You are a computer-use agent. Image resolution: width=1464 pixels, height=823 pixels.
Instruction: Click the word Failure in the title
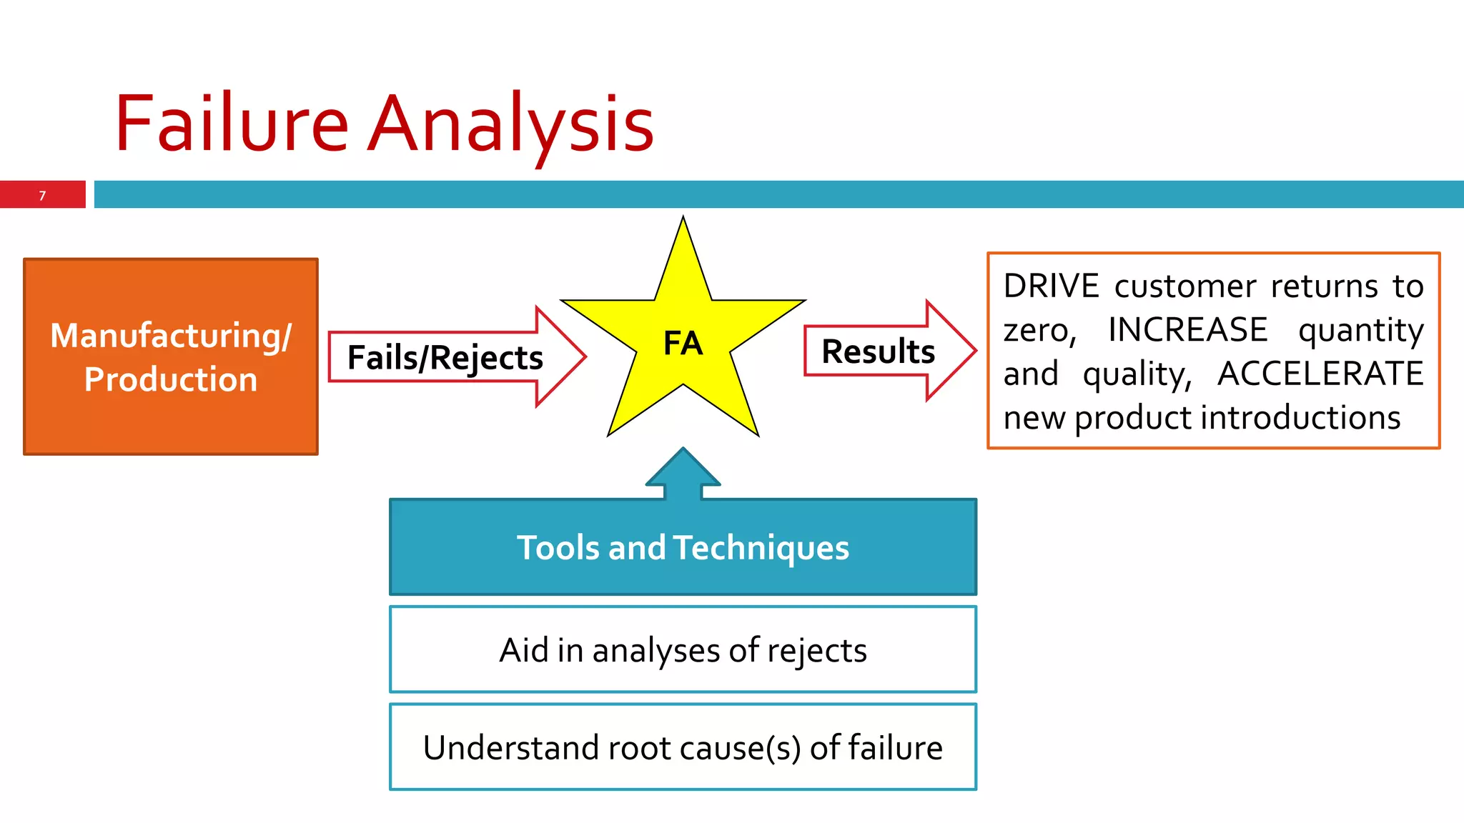231,124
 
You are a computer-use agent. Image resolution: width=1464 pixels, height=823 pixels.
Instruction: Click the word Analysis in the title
510,126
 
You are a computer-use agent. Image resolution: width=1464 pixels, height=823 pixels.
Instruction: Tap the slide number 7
42,196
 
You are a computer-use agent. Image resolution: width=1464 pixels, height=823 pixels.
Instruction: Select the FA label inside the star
683,344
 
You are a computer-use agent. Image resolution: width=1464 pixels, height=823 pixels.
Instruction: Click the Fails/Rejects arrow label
445,358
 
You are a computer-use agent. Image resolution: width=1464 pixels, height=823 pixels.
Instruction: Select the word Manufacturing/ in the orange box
171,336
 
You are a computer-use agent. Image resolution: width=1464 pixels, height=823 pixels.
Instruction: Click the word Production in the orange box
171,379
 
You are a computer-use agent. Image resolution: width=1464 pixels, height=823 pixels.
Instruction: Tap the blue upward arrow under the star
683,475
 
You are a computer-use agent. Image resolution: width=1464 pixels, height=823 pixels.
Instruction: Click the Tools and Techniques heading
683,548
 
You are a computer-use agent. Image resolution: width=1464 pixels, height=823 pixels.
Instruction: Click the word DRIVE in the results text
1051,286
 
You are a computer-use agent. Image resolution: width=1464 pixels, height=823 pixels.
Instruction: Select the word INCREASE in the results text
1187,330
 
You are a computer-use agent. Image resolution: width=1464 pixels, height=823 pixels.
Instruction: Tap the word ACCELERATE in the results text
1320,374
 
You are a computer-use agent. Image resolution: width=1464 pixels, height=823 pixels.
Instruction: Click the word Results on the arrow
878,351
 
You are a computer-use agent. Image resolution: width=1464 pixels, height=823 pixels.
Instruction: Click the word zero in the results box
1037,331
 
